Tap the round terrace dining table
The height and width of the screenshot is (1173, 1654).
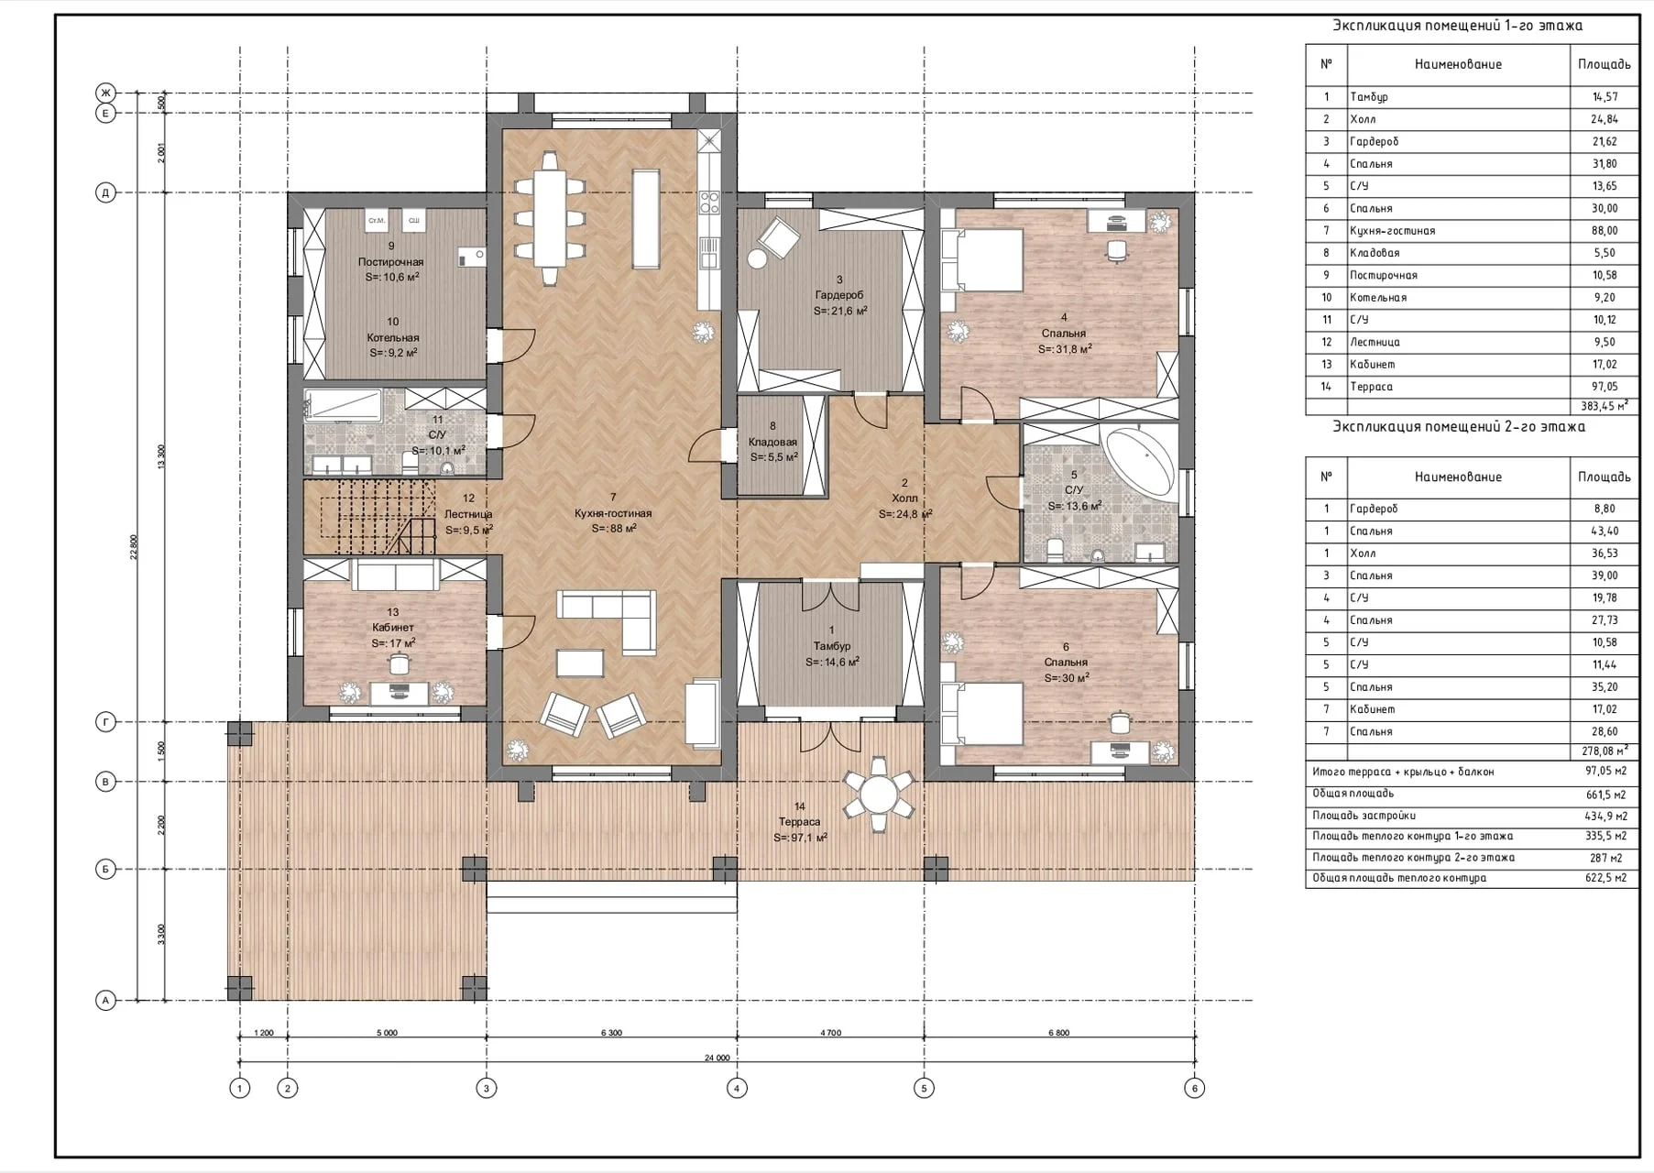[x=879, y=794]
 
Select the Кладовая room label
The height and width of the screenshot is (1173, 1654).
[x=772, y=442]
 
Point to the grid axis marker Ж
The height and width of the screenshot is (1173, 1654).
[x=105, y=93]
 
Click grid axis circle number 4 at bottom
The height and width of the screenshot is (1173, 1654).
[x=737, y=1088]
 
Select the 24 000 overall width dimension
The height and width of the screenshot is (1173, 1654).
[x=717, y=1058]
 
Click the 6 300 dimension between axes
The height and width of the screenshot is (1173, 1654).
[x=611, y=1033]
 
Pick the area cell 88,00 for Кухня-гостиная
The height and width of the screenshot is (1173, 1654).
[x=1605, y=231]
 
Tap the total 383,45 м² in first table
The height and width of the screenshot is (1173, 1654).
[x=1604, y=405]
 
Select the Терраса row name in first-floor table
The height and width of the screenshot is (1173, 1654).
[x=1371, y=387]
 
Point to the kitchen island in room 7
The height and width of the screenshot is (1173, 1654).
[x=645, y=217]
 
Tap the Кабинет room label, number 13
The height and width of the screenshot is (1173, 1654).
[x=393, y=628]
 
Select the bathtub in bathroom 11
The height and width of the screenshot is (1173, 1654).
[x=343, y=405]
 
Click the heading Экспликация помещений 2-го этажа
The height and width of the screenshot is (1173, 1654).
[x=1458, y=427]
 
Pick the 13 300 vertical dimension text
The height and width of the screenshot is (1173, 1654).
[x=162, y=455]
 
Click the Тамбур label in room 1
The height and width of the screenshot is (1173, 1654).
[x=831, y=646]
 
